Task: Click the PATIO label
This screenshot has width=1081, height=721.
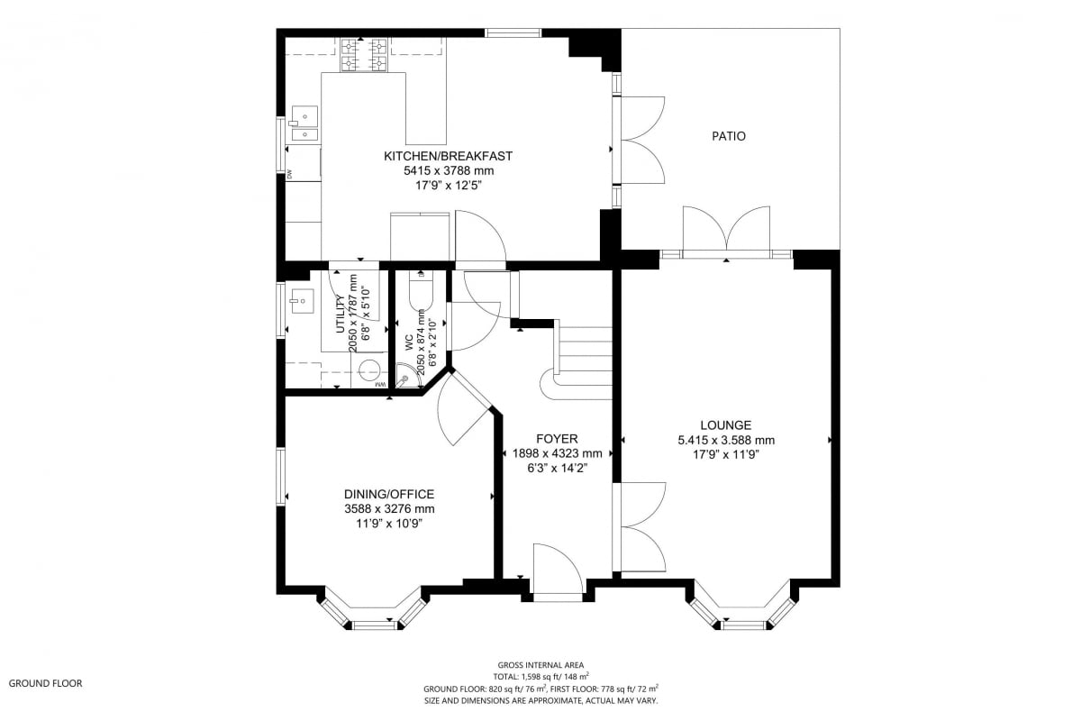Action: coord(728,136)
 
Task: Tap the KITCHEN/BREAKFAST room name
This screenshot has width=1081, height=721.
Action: coord(448,156)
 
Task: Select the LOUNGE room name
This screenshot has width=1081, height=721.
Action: coord(726,425)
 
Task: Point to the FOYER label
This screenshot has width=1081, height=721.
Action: coord(557,439)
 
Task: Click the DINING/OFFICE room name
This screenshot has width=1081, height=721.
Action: coord(389,494)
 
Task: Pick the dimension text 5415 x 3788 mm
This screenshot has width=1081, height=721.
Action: coord(449,170)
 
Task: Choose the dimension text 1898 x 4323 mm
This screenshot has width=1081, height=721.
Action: coord(557,453)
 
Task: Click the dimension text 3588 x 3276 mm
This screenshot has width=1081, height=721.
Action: coord(389,509)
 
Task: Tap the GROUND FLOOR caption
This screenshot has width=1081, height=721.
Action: coord(45,683)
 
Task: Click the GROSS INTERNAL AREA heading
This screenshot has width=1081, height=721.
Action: coord(540,665)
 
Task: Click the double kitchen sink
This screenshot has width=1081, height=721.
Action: coord(304,124)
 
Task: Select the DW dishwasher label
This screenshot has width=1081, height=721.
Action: coord(290,174)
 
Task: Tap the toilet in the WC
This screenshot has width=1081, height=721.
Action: coord(421,291)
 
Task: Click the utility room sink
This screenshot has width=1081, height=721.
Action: coord(301,301)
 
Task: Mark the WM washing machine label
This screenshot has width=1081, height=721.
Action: coord(381,385)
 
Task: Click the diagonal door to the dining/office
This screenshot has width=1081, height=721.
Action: coord(464,409)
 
